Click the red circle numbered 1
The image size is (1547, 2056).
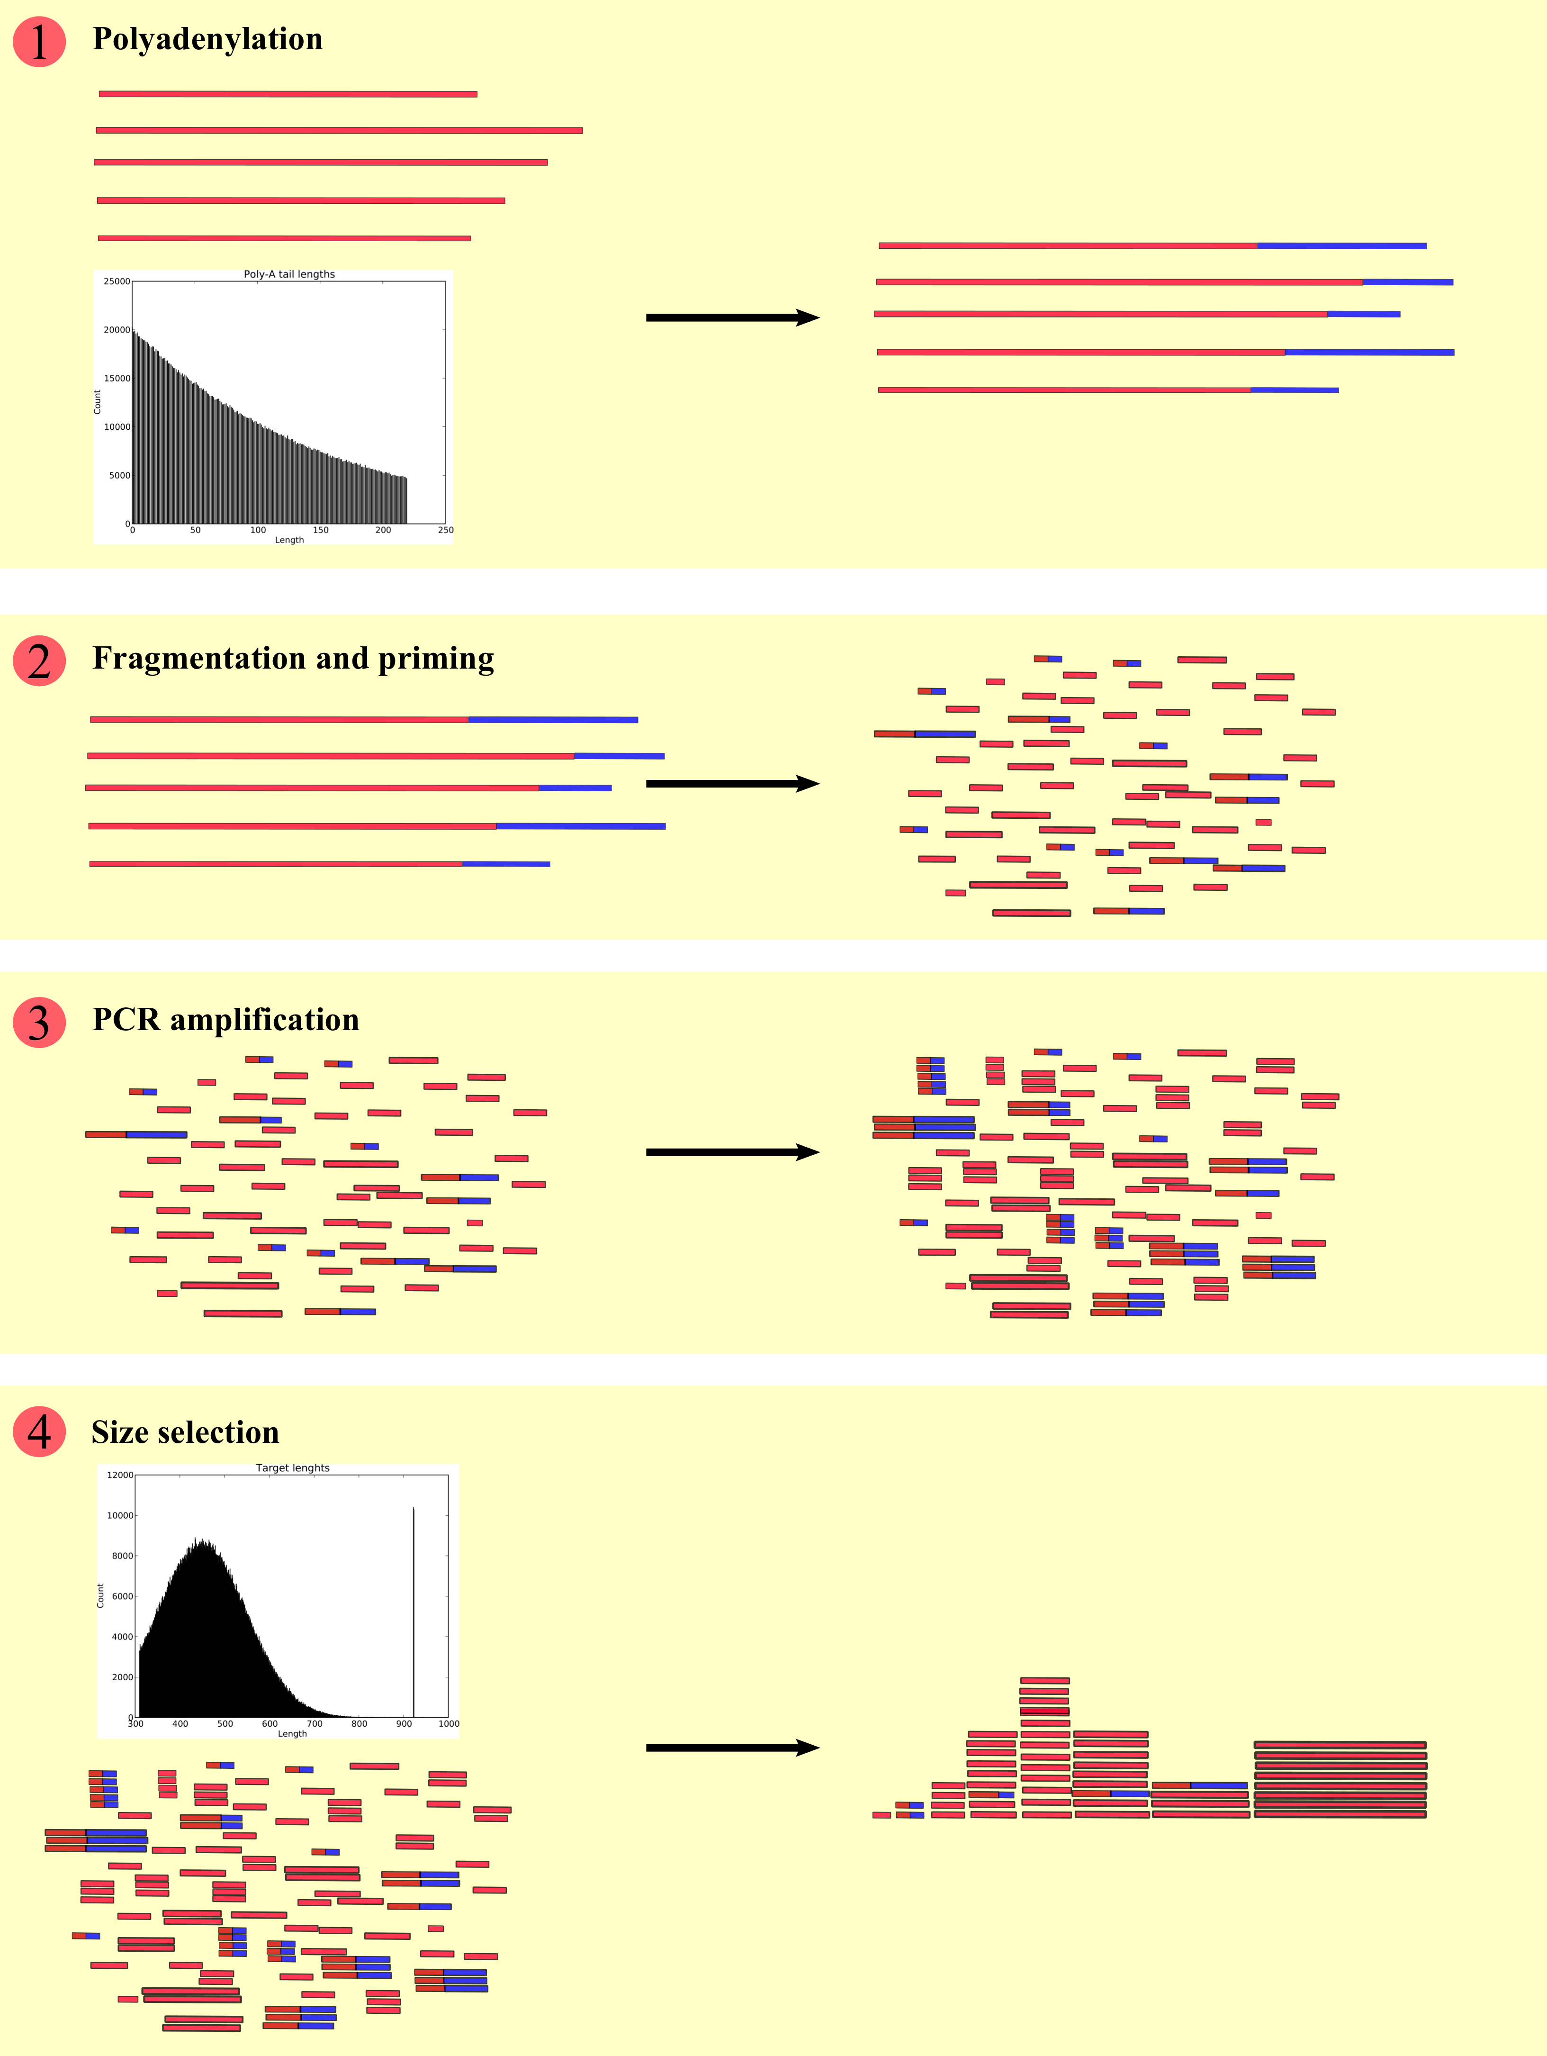point(39,42)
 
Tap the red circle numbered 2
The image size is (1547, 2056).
point(39,661)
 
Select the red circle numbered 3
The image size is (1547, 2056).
point(39,1023)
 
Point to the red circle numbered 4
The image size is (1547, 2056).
point(39,1431)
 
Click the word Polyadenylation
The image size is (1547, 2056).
point(207,39)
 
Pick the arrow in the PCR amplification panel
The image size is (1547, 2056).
point(732,1152)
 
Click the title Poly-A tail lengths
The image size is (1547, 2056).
point(289,274)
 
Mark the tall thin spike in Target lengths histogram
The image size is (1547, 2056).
point(414,1608)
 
